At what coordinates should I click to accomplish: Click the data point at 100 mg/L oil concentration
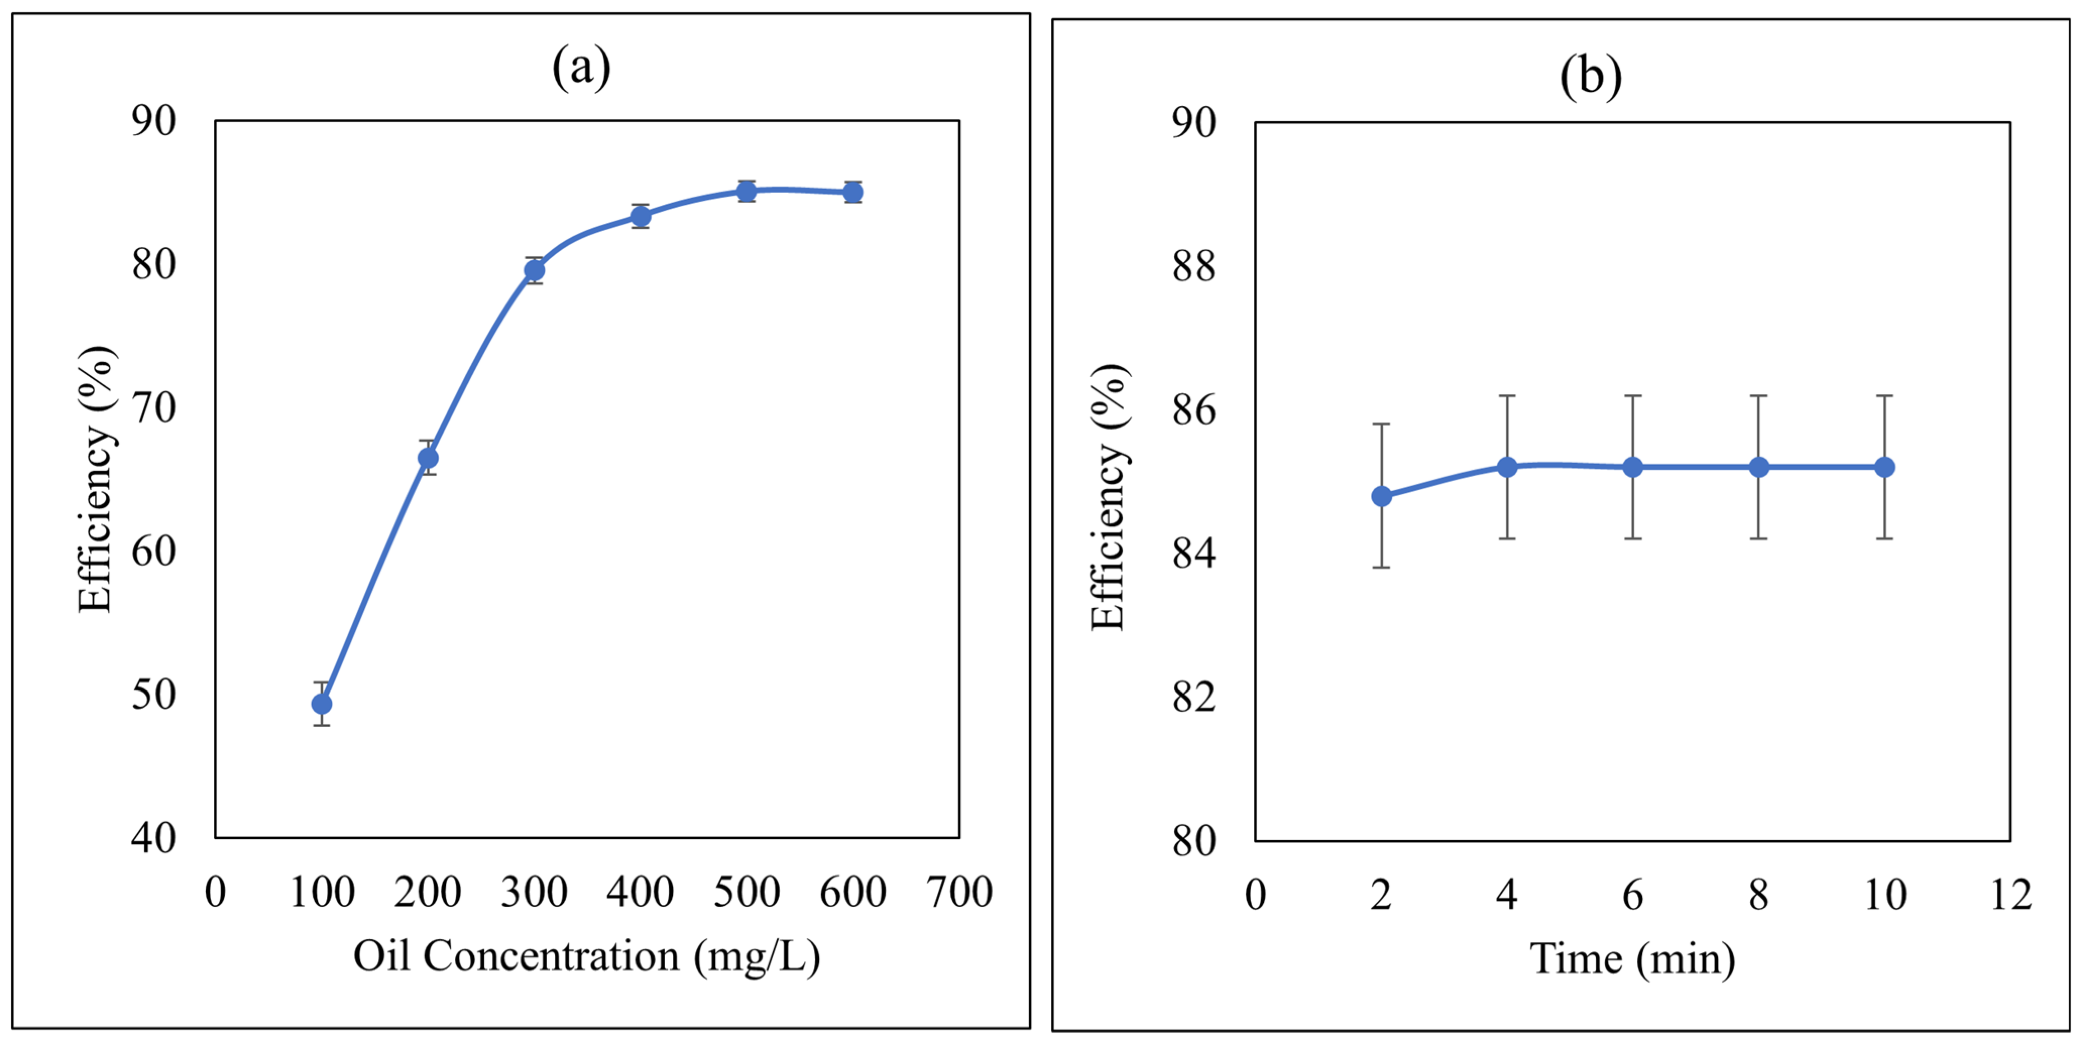click(x=321, y=704)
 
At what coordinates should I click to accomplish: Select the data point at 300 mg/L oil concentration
click(x=534, y=270)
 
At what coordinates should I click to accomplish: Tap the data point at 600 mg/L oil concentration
click(x=853, y=192)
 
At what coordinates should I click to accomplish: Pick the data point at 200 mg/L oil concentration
click(x=428, y=458)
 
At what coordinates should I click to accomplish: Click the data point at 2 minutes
click(x=1381, y=496)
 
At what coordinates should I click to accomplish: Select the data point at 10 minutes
click(x=1885, y=467)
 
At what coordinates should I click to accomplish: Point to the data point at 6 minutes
click(x=1633, y=467)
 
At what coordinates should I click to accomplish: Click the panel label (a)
click(x=581, y=67)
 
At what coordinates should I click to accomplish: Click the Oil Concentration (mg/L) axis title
click(x=587, y=957)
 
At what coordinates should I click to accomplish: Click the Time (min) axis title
click(x=1633, y=959)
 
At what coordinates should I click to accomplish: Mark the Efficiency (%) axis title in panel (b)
click(x=1109, y=496)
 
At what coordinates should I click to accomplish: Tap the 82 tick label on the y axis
click(x=1194, y=697)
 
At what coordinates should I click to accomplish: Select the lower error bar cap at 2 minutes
click(x=1381, y=567)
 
